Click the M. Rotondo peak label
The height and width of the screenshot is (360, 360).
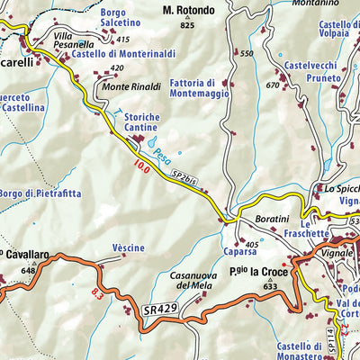189,11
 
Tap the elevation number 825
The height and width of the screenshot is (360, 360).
187,25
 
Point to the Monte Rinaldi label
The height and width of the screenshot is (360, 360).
128,86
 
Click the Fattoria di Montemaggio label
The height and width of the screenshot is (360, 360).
199,87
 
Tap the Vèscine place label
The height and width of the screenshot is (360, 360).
128,247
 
